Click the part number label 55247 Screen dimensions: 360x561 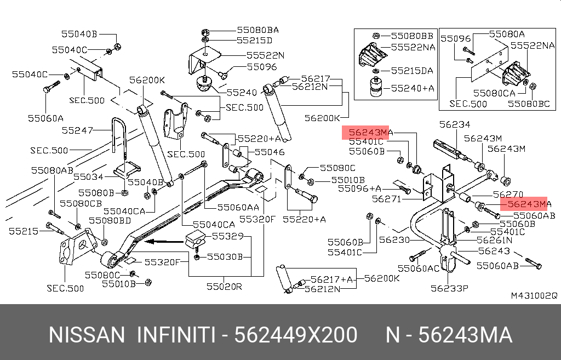(77, 130)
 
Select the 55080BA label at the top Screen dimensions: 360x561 (257, 30)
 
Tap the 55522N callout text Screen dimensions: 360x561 (265, 55)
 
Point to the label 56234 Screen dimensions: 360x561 (455, 125)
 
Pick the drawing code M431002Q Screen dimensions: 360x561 (534, 296)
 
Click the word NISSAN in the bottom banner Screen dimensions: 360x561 (87, 335)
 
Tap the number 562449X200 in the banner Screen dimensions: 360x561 (296, 335)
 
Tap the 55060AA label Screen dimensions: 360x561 (238, 207)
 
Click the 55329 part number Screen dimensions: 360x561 (227, 237)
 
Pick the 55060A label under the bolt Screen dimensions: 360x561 (46, 117)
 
